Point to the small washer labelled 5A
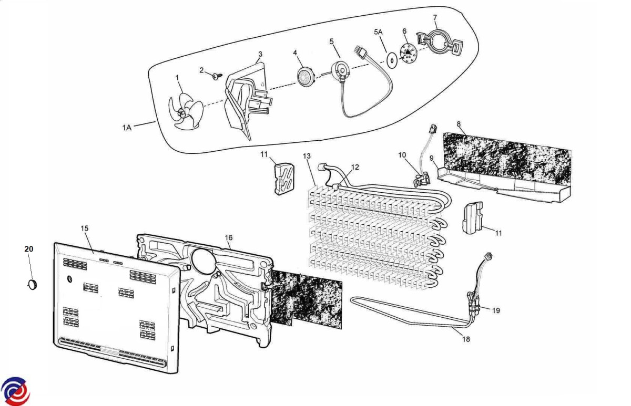[391, 60]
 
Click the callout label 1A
[127, 128]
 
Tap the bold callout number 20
[29, 249]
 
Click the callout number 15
[85, 228]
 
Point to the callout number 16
[229, 237]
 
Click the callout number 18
[466, 339]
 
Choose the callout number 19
[496, 310]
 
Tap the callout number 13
[307, 156]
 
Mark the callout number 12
[355, 167]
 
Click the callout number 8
[459, 124]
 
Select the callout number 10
[402, 155]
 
